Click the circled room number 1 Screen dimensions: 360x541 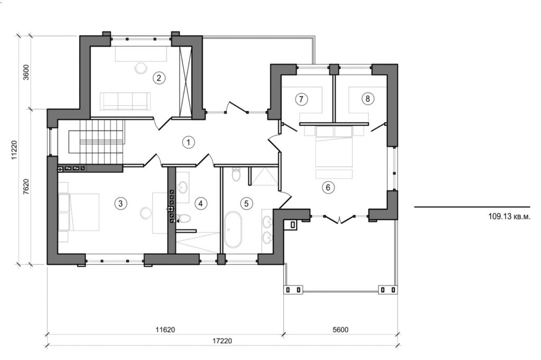[186, 142]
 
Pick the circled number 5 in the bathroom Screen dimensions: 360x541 [245, 202]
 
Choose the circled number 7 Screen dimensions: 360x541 [301, 98]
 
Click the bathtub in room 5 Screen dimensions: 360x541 [232, 230]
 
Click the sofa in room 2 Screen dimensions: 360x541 [126, 100]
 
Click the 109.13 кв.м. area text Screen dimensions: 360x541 [506, 216]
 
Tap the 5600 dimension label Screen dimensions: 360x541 [340, 329]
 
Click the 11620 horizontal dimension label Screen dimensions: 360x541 [165, 329]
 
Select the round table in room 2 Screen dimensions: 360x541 [142, 68]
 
